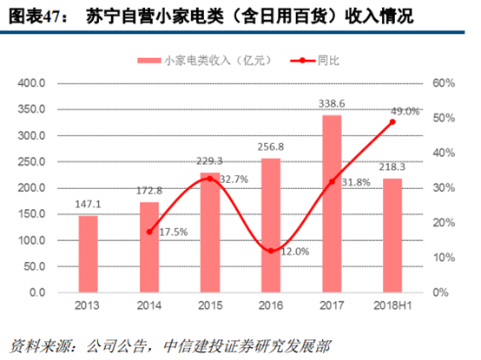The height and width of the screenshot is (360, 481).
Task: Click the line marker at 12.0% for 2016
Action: click(x=271, y=251)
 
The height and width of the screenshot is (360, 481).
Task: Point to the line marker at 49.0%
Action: click(x=392, y=121)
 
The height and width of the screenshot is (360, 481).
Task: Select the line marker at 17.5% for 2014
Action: click(x=149, y=232)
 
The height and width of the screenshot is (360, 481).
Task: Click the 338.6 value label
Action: click(x=332, y=103)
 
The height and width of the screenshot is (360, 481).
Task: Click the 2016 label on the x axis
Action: click(x=271, y=306)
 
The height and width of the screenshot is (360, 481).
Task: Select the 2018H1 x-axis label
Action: click(x=392, y=306)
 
